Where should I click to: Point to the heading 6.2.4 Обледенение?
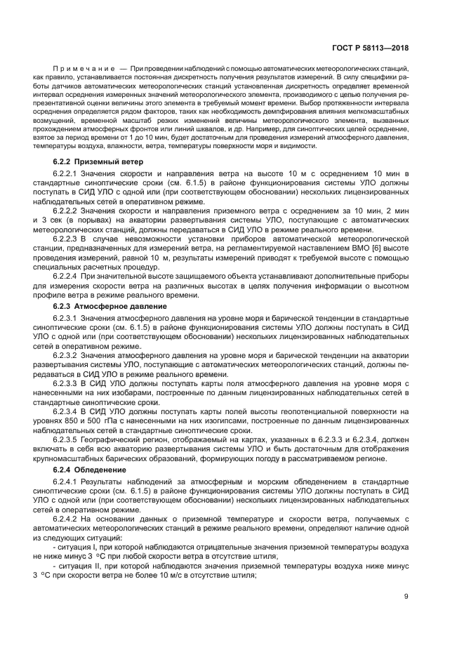click(90, 469)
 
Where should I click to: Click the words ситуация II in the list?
click(77, 566)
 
